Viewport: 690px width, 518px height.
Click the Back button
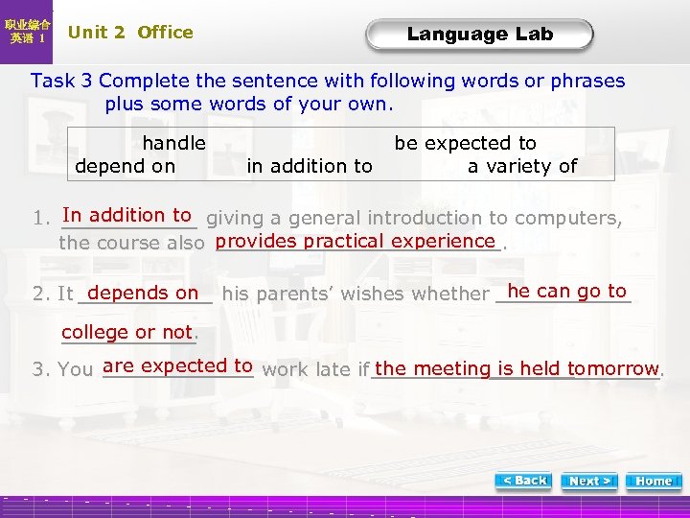click(x=524, y=481)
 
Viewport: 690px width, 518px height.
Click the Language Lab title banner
click(x=479, y=35)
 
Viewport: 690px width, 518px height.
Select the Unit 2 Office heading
click(x=130, y=32)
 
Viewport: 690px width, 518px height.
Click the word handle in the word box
click(x=173, y=143)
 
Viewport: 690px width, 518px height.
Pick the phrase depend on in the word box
click(x=125, y=166)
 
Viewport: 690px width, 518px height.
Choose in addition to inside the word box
click(x=310, y=166)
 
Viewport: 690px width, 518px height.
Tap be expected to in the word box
click(x=466, y=143)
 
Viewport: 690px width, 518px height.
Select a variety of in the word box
click(x=522, y=166)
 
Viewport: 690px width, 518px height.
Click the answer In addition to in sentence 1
click(x=127, y=216)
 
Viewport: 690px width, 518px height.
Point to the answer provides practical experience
click(x=356, y=241)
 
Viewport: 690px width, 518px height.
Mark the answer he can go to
click(x=566, y=291)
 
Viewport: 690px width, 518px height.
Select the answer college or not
click(x=127, y=332)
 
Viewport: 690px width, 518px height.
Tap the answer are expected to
click(x=177, y=365)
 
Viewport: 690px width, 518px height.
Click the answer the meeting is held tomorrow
click(x=517, y=368)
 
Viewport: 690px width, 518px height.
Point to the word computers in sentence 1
click(x=572, y=219)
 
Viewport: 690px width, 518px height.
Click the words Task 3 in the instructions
click(x=61, y=82)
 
